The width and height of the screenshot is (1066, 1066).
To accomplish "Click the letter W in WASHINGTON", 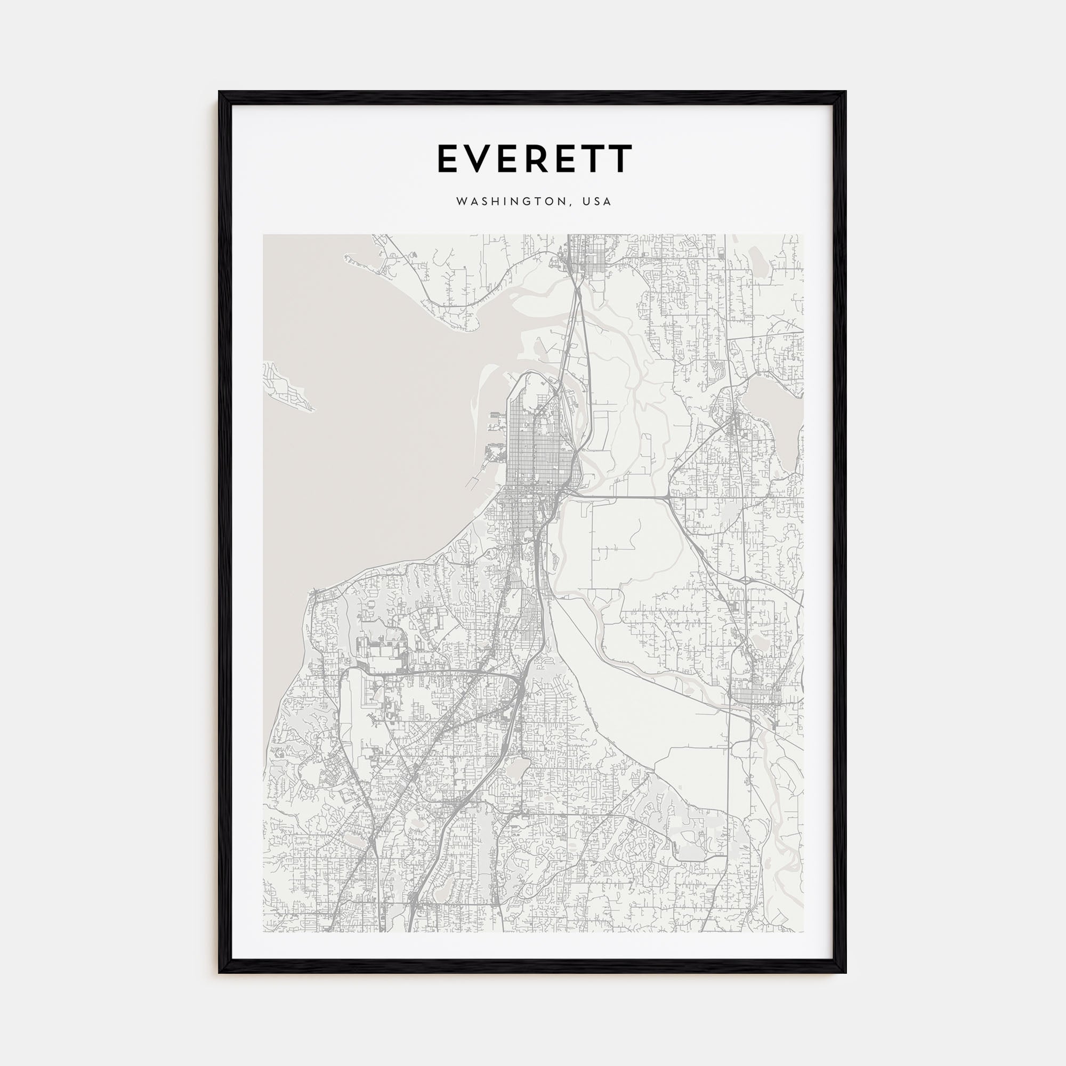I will coord(462,202).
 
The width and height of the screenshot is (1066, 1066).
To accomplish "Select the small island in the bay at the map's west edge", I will coord(287,386).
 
